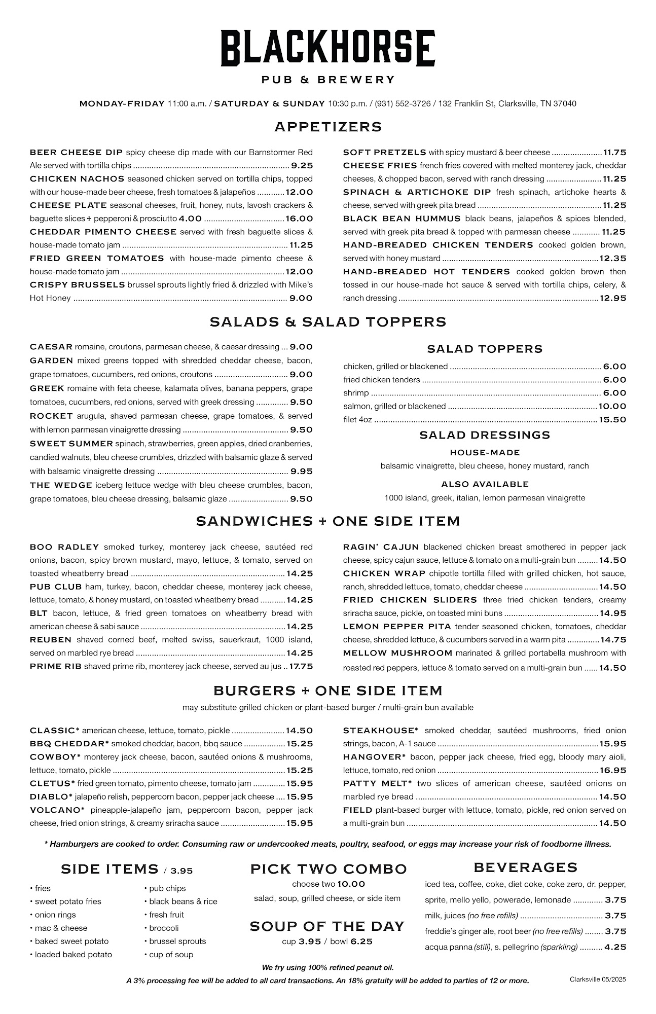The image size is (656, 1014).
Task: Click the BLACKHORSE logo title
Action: tap(327, 48)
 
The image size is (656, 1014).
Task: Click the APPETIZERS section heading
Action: tap(328, 127)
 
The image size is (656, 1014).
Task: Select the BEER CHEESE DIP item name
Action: tap(76, 152)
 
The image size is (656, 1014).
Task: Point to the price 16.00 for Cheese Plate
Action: tap(299, 219)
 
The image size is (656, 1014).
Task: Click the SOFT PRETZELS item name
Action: tap(384, 152)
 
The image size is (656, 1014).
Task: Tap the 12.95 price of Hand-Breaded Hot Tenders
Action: tap(613, 298)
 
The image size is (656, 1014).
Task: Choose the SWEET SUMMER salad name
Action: tap(71, 444)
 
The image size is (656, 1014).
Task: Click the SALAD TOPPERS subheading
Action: tap(484, 349)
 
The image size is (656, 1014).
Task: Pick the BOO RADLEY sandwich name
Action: tap(64, 547)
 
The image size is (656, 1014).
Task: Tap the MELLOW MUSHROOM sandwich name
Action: tap(397, 653)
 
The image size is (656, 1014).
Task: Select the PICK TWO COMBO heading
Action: tap(328, 869)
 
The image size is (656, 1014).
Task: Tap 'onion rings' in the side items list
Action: tap(55, 915)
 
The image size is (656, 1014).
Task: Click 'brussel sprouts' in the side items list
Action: tap(177, 941)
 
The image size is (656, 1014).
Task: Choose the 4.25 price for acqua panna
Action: tap(615, 947)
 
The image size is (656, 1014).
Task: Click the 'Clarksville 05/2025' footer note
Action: tap(598, 980)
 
